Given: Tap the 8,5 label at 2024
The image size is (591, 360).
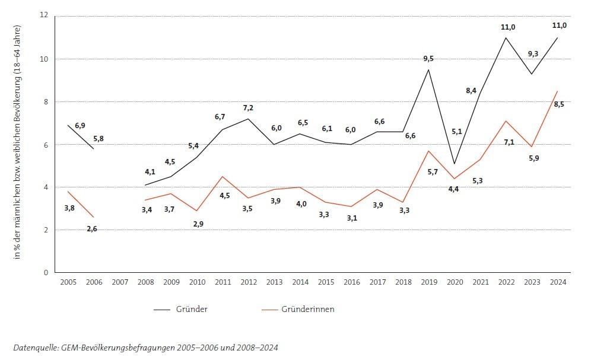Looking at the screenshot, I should click(559, 105).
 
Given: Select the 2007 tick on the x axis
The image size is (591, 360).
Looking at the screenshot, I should click(119, 282).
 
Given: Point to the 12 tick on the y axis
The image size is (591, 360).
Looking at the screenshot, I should click(43, 15).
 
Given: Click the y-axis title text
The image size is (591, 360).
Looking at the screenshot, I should click(18, 142).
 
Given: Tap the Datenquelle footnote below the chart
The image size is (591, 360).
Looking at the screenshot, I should click(145, 347).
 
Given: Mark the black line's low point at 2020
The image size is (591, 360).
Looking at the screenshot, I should click(455, 164).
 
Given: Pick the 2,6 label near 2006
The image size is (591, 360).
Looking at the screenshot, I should click(91, 229).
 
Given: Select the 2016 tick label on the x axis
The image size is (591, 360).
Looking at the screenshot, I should click(351, 282).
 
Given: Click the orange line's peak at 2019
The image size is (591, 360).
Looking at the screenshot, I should click(429, 151).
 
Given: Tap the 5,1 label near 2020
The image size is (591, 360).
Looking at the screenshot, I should click(456, 132).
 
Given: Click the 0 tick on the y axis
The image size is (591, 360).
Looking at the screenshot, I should click(45, 273).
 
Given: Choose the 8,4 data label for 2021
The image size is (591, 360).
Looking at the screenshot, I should click(472, 91).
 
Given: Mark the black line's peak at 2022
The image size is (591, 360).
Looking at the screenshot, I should click(506, 38).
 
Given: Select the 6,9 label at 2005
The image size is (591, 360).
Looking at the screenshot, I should click(80, 126).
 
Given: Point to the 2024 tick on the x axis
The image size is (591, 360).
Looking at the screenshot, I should click(558, 282).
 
